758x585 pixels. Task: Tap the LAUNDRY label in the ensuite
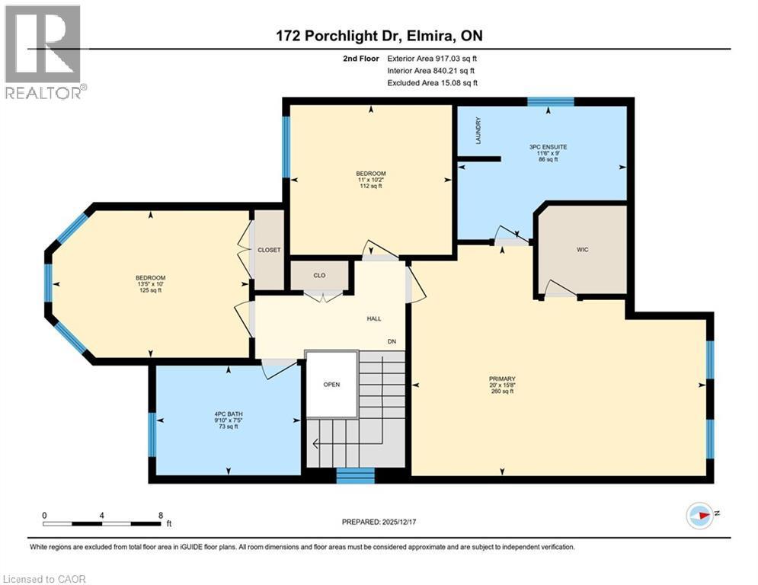[x=478, y=130]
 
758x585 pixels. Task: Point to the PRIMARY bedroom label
[x=502, y=379]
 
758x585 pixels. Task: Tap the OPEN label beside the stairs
[x=331, y=385]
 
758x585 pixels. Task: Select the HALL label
[x=373, y=319]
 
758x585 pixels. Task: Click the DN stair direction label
[x=392, y=341]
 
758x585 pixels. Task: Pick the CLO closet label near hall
[x=320, y=276]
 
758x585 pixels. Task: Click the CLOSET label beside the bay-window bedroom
[x=269, y=250]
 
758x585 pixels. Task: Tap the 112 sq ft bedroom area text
[x=370, y=186]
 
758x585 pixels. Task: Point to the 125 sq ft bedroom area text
[x=150, y=290]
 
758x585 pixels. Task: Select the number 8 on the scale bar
[x=161, y=515]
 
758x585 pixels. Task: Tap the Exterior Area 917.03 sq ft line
[x=433, y=58]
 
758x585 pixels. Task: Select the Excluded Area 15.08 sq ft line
[x=433, y=83]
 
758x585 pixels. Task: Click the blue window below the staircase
[x=355, y=476]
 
